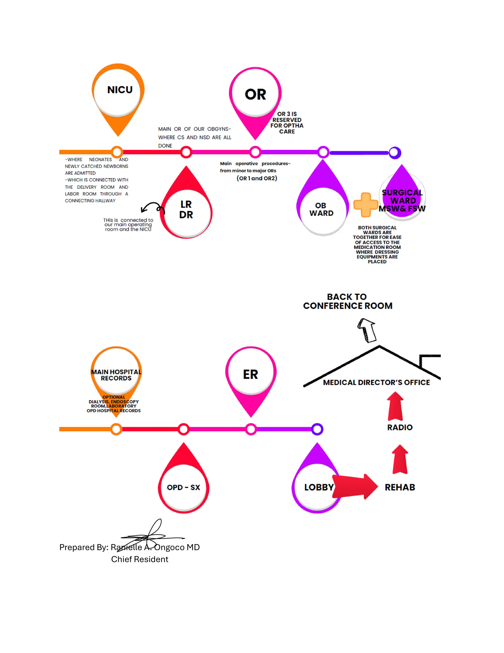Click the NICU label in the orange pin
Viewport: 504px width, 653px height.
pos(120,90)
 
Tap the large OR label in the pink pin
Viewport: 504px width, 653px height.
pos(255,94)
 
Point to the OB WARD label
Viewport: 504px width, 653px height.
pos(321,209)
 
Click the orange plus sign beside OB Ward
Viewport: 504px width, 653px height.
pos(365,205)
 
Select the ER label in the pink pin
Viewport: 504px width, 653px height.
pos(250,374)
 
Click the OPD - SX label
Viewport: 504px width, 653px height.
pos(183,487)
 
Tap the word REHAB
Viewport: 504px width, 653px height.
pos(400,487)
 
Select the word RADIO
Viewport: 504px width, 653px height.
pos(400,427)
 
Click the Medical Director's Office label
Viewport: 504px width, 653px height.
pos(376,382)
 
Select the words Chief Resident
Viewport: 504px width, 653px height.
pos(140,559)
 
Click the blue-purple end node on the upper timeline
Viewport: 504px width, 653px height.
pos(395,153)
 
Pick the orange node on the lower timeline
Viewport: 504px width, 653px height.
pos(116,429)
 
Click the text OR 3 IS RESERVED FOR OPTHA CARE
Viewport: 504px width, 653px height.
pos(287,122)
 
